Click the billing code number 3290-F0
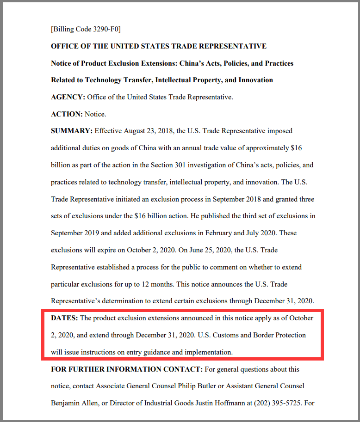[x=106, y=29]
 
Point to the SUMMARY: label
[x=72, y=131]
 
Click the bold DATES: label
[x=65, y=318]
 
